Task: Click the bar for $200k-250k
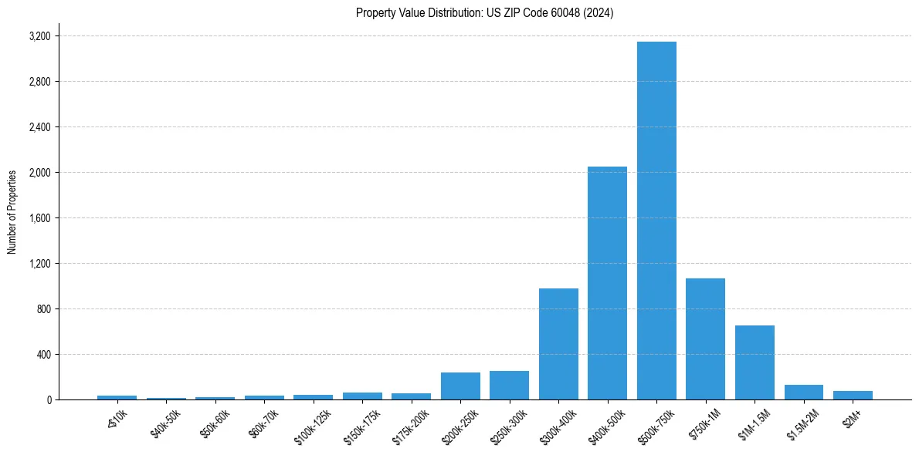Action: [460, 386]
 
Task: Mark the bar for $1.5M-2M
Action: [803, 393]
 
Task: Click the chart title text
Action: [484, 13]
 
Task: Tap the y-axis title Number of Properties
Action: [12, 212]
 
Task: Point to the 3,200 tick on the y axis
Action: [39, 36]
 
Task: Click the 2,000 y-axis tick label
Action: [39, 173]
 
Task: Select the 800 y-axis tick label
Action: [44, 309]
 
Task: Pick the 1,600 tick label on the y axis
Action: [39, 218]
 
